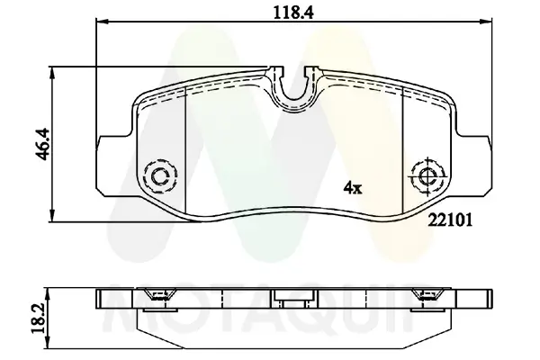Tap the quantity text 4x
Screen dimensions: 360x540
[352, 188]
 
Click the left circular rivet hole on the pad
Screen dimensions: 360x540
[160, 175]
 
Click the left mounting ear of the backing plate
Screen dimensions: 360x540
[113, 162]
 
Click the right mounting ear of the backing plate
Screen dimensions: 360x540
[477, 162]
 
